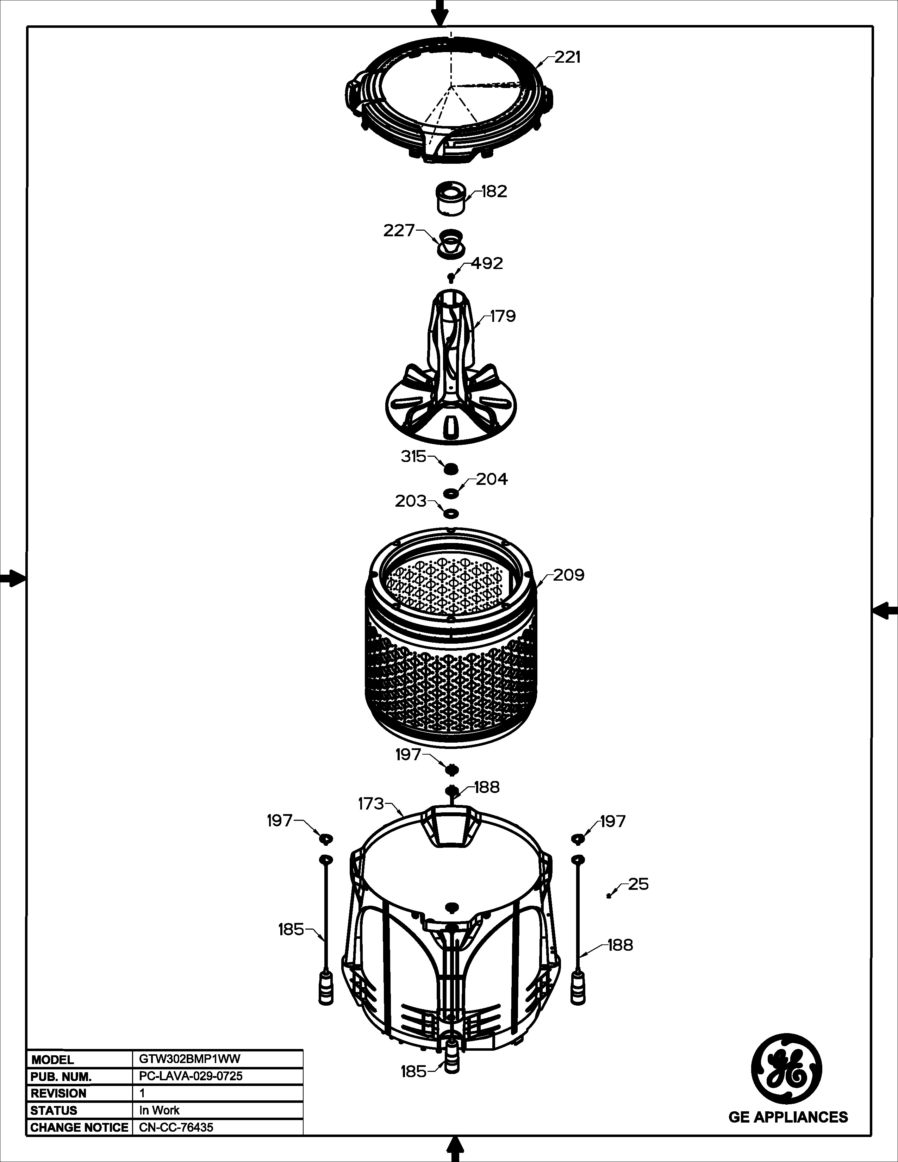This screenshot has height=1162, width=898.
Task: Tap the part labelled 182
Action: (x=451, y=198)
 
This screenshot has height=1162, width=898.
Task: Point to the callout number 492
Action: (x=487, y=263)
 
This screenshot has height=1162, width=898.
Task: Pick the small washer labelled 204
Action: (x=451, y=493)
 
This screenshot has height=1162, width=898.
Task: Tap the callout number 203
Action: (x=411, y=501)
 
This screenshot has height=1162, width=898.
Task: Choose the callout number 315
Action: (x=413, y=456)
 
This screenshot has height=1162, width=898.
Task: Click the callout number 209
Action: (x=569, y=575)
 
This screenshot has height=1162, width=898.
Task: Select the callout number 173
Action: (x=371, y=804)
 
